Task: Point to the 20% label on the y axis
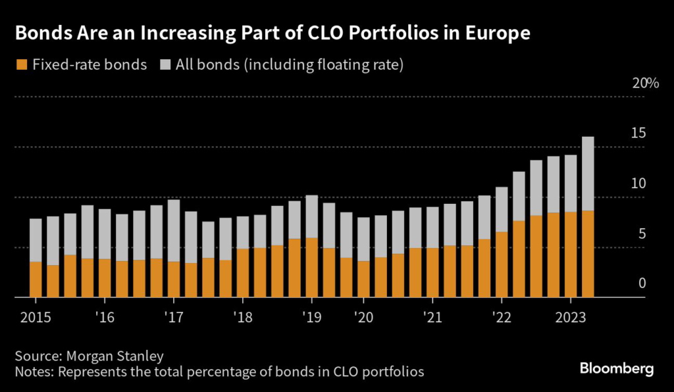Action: point(645,84)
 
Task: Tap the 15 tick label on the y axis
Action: point(638,134)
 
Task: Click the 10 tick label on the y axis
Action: point(638,184)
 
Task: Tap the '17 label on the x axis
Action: point(173,317)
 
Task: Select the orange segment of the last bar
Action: point(587,254)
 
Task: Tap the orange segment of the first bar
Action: point(36,280)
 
